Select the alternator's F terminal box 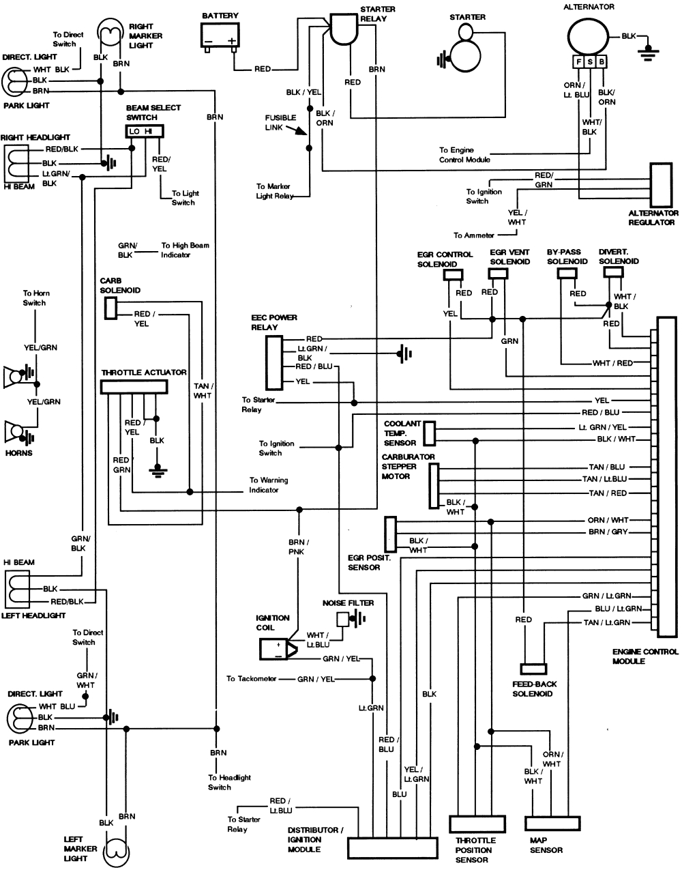(578, 62)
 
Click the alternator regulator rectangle (660, 185)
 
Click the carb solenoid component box (110, 308)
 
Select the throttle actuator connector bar (134, 387)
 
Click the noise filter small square (342, 618)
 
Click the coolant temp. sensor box (430, 433)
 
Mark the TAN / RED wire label (608, 493)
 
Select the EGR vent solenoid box (497, 274)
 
